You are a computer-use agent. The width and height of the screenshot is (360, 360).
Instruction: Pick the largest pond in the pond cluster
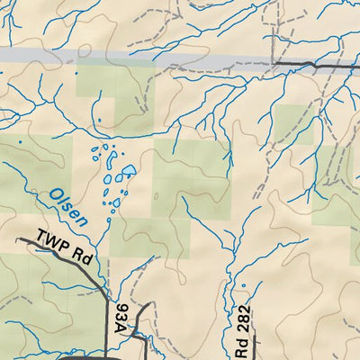coord(127,170)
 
